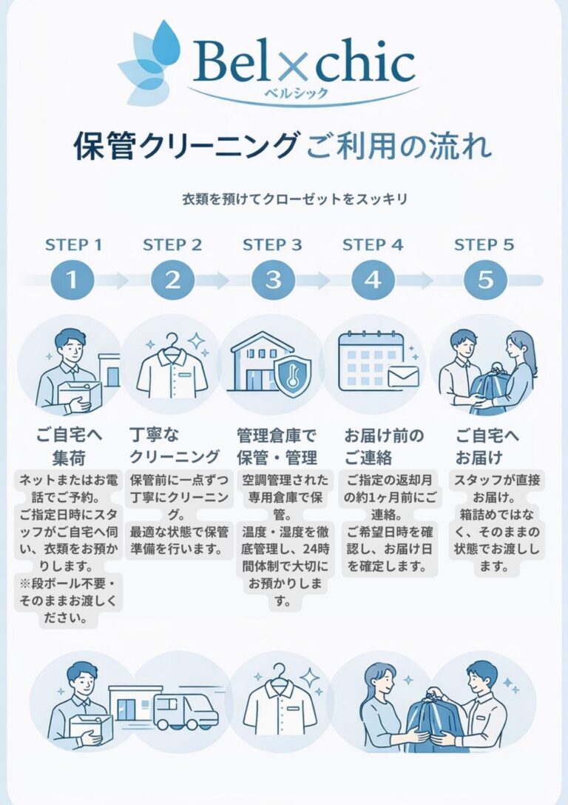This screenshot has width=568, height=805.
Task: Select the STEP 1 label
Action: (x=74, y=244)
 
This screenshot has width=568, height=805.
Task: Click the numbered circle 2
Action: (x=172, y=281)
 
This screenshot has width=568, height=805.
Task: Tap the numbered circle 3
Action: (x=273, y=281)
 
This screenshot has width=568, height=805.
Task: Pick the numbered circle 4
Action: (x=373, y=281)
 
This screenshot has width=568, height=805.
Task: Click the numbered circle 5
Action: (x=485, y=281)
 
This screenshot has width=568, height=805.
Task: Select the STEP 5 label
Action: (x=484, y=244)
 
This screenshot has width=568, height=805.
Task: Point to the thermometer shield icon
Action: (x=291, y=378)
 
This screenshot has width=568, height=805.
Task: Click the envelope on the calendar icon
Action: (x=403, y=377)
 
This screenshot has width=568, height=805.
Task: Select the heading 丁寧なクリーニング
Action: (x=175, y=445)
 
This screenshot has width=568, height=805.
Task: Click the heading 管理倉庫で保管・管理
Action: (x=277, y=445)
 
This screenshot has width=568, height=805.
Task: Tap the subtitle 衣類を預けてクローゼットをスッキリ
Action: (x=295, y=199)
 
